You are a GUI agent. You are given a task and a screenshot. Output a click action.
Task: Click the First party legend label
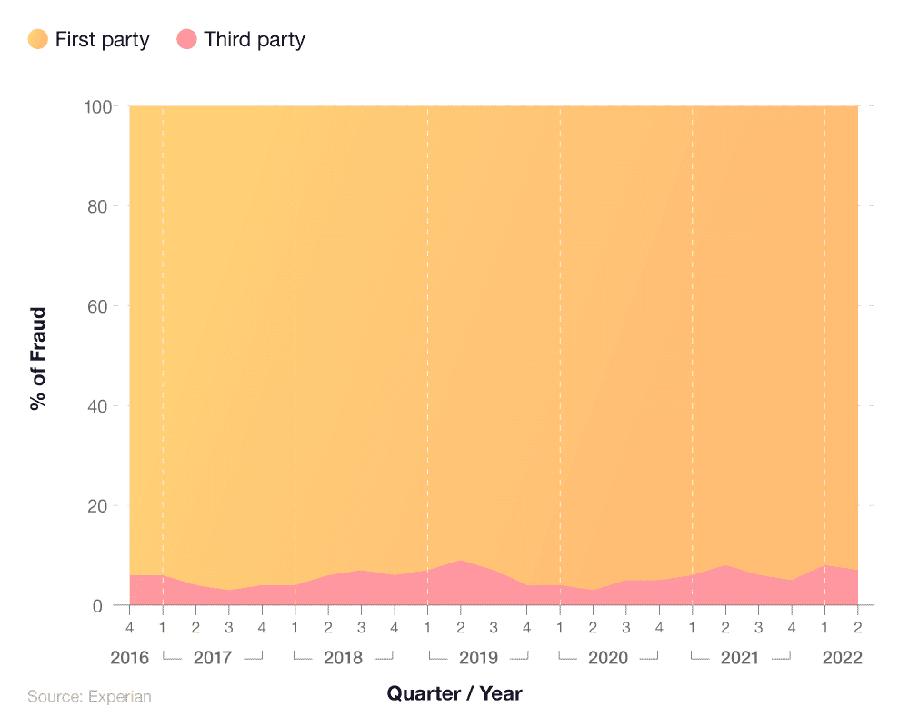[102, 39]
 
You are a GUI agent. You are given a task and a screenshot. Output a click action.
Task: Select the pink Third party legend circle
[187, 39]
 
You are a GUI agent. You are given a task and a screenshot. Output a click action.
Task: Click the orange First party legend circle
[38, 39]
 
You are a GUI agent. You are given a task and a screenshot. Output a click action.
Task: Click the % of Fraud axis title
[37, 358]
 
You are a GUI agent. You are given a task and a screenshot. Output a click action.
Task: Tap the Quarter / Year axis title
[454, 693]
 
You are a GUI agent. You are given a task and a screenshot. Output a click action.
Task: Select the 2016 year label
[130, 657]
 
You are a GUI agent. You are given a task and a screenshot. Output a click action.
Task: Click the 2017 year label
[213, 657]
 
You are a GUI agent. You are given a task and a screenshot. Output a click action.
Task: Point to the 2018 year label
[344, 657]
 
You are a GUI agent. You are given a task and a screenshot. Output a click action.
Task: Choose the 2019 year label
[477, 657]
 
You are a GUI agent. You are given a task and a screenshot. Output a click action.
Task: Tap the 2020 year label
[608, 657]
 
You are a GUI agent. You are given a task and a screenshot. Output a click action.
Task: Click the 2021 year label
[740, 657]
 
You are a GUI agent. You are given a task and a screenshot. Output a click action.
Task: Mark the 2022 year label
[842, 657]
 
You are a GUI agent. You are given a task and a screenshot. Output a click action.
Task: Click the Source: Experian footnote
[89, 697]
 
